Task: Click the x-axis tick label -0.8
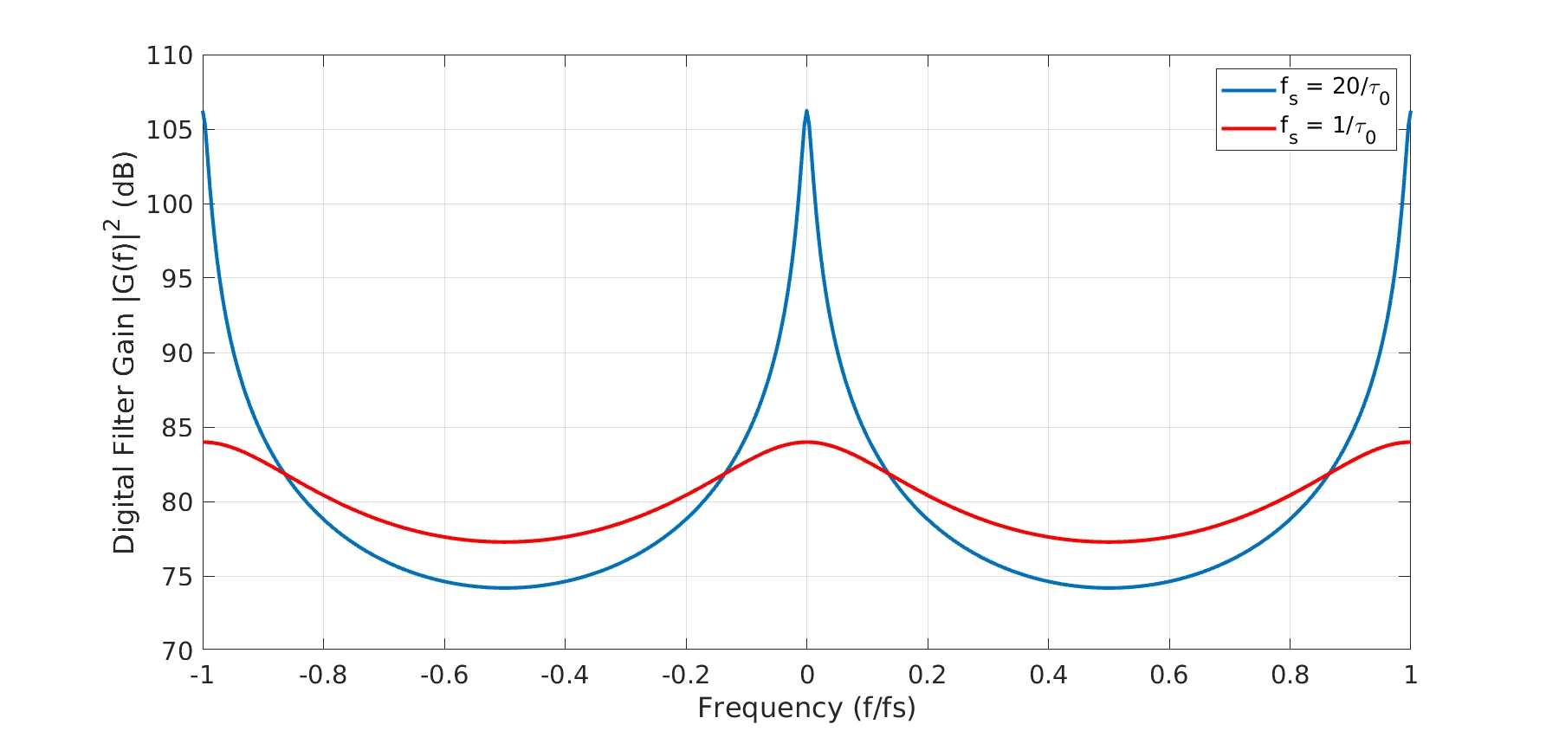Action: [x=322, y=675]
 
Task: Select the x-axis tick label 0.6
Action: [x=1168, y=675]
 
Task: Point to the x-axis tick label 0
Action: [x=806, y=675]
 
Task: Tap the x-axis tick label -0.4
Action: [x=564, y=675]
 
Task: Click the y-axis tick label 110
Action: [x=169, y=56]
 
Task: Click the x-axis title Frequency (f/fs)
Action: [x=806, y=708]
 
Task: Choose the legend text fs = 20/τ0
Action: [x=1334, y=89]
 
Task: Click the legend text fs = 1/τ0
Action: [x=1328, y=128]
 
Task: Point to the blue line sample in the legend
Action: [x=1248, y=89]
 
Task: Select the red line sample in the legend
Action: [x=1248, y=128]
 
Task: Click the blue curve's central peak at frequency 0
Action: [x=806, y=112]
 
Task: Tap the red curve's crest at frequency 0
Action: [x=806, y=442]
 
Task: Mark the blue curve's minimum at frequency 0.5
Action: [x=1109, y=588]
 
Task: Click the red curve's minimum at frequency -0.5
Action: [x=505, y=542]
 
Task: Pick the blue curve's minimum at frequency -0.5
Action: [x=505, y=588]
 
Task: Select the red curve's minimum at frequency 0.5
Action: [x=1109, y=542]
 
